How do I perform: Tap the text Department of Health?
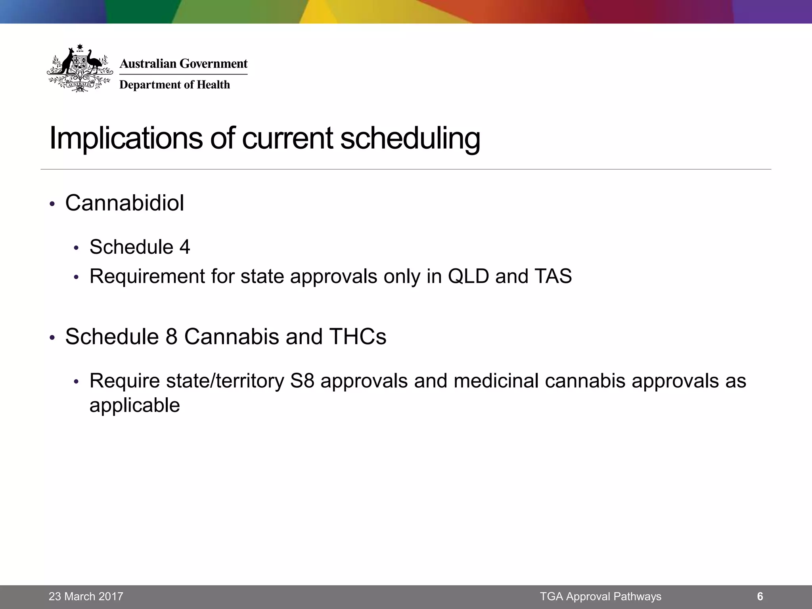click(174, 85)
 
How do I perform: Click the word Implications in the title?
click(126, 138)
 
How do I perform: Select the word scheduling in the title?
click(410, 138)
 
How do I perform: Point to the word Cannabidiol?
click(124, 203)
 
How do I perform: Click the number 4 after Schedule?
click(184, 247)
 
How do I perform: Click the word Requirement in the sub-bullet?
click(147, 276)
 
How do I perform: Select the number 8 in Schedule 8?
click(171, 337)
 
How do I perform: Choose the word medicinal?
click(496, 381)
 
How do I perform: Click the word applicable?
click(134, 406)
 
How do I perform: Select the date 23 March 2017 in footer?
click(86, 596)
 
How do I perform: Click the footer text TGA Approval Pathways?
click(600, 596)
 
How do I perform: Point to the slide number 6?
click(760, 596)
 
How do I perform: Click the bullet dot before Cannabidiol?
click(52, 204)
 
